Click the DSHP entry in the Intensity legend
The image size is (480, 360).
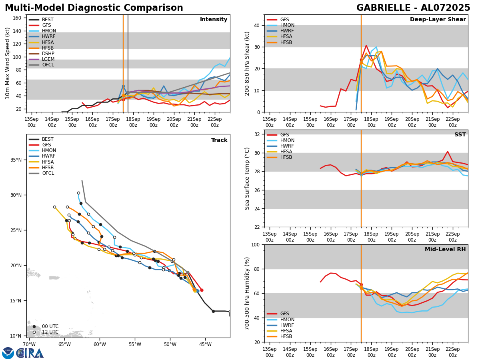point(48,54)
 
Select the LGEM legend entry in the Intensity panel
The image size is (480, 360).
point(48,59)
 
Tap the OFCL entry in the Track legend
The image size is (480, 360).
point(48,173)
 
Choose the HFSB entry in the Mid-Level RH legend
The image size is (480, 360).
point(286,336)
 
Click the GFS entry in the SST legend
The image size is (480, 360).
point(284,135)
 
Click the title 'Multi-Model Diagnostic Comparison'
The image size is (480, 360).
point(94,8)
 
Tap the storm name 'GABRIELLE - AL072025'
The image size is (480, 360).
point(413,8)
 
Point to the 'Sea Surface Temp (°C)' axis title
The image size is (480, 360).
point(247,178)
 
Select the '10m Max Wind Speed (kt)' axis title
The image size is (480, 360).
point(8,63)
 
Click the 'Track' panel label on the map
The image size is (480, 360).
point(219,140)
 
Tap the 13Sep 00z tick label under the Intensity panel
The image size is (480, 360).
point(32,122)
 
